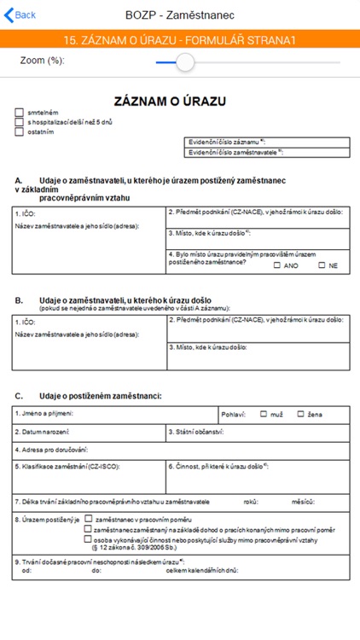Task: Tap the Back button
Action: [x=20, y=15]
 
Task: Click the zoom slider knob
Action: [x=184, y=61]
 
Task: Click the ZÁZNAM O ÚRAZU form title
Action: [x=170, y=102]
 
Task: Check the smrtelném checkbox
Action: [x=19, y=113]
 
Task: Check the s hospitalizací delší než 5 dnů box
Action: [x=19, y=122]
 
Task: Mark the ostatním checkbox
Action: [x=19, y=131]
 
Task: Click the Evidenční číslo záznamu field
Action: [x=266, y=143]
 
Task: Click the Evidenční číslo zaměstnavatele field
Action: [x=266, y=153]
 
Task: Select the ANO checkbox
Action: [x=277, y=265]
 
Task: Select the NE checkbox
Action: [x=322, y=265]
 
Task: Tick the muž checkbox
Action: [x=264, y=414]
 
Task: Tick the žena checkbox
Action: [x=301, y=414]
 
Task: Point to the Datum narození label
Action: [x=43, y=433]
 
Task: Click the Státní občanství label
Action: [x=196, y=433]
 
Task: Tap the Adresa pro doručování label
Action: [x=51, y=449]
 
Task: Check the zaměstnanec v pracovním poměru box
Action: [x=88, y=518]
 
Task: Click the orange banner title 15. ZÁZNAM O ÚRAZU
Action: [x=179, y=39]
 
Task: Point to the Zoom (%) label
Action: [x=43, y=61]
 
